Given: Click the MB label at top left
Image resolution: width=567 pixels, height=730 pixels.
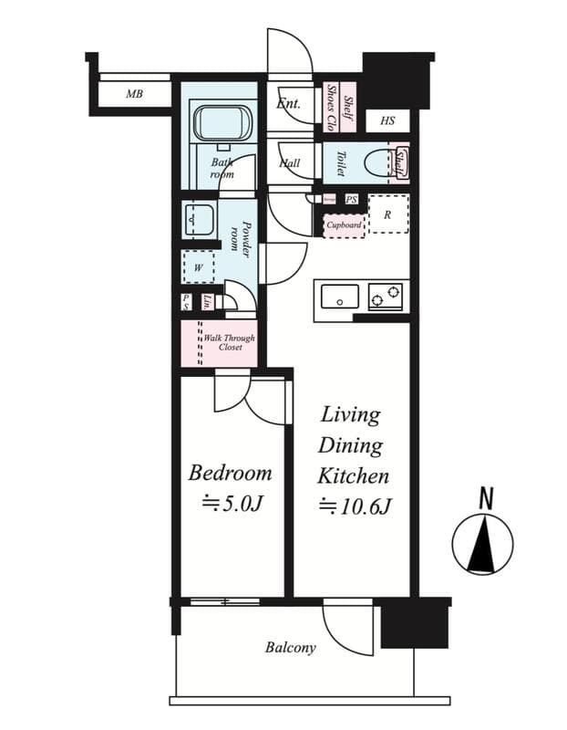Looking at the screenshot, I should (x=134, y=94).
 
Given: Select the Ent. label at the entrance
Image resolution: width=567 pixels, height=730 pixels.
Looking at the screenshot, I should (x=288, y=104).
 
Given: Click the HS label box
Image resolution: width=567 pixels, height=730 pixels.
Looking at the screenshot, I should (x=387, y=120).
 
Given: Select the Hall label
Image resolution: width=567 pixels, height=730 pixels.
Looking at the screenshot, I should (x=290, y=164).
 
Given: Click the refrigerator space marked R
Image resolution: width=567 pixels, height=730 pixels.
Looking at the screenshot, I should (x=387, y=215).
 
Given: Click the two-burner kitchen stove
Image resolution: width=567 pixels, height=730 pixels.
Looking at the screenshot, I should (x=385, y=295).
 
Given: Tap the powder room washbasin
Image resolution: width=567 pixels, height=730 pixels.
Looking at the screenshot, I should (x=198, y=220).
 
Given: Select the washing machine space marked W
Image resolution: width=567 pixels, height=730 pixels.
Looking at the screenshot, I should (x=198, y=268).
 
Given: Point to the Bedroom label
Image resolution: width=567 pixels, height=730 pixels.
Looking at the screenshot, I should (x=230, y=473).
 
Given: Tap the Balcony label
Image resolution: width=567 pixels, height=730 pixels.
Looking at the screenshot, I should (x=291, y=648).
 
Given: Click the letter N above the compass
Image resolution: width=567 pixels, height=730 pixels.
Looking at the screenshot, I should (x=486, y=498).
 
